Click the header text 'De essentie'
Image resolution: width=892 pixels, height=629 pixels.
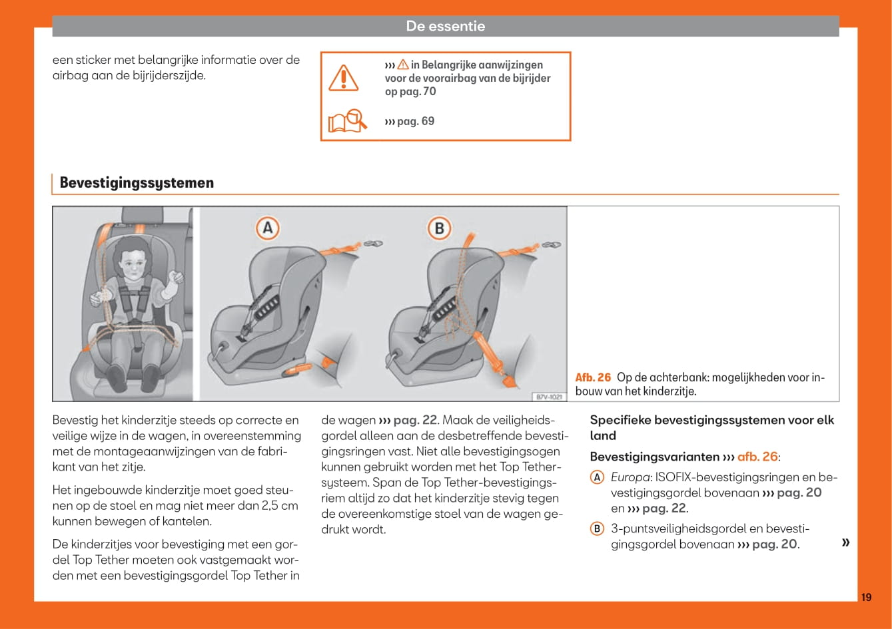click(x=445, y=27)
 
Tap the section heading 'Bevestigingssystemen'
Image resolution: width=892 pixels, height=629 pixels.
click(x=137, y=183)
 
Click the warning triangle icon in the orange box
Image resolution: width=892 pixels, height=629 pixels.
click(x=344, y=78)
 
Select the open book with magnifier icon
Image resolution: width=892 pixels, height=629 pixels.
click(x=347, y=121)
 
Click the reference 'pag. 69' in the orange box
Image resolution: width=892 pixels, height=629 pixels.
click(x=410, y=121)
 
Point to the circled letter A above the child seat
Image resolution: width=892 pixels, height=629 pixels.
click(x=267, y=229)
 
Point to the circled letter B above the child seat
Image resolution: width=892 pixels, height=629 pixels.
click(x=439, y=229)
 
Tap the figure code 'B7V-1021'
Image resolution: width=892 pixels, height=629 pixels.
click(x=549, y=397)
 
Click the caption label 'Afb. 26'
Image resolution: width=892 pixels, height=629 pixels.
click(x=593, y=377)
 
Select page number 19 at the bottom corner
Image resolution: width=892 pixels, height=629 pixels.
click(x=865, y=597)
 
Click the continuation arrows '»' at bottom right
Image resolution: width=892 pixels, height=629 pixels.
click(x=845, y=542)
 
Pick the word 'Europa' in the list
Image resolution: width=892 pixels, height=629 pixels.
click(x=630, y=477)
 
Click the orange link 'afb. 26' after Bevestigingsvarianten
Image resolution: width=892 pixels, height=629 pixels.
click(x=757, y=457)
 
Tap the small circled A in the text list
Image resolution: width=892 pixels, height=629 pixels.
click(x=598, y=477)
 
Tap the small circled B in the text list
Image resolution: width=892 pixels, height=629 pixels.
click(x=598, y=529)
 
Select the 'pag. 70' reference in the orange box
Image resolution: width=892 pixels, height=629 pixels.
click(x=420, y=91)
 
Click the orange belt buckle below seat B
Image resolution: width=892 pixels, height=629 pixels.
click(x=510, y=380)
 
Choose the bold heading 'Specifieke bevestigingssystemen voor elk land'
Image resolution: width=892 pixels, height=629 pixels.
click(x=711, y=427)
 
